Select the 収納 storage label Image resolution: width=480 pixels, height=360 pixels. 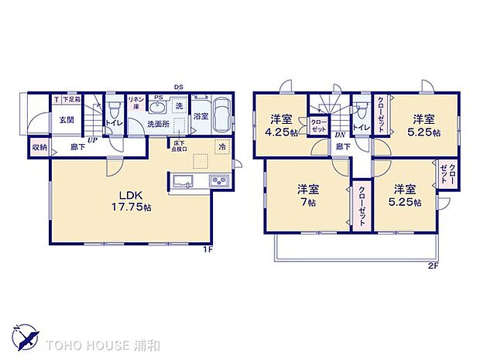[x=39, y=147]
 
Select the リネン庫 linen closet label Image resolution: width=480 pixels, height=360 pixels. [x=135, y=102]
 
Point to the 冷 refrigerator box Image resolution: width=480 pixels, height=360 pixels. [x=221, y=147]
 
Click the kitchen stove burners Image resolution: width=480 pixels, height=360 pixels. [x=218, y=182]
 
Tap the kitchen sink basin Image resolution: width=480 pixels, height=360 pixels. [x=183, y=182]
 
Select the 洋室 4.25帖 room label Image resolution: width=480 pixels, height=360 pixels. [x=280, y=125]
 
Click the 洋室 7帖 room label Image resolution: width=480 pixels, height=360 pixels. [x=308, y=194]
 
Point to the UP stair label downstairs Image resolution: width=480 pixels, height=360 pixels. [x=92, y=140]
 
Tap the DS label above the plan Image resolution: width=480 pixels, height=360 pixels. [x=178, y=87]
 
